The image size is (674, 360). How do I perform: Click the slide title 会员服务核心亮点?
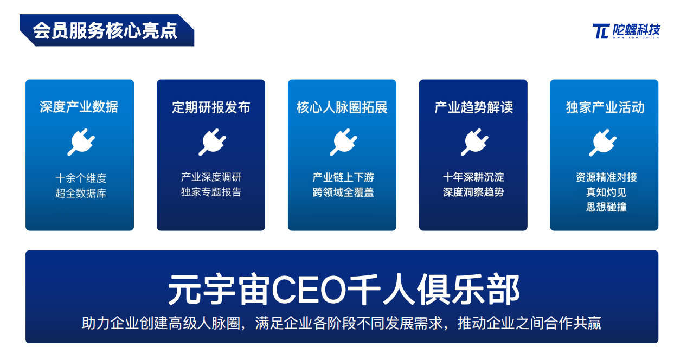[x=105, y=31]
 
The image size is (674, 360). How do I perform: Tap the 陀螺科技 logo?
[x=626, y=31]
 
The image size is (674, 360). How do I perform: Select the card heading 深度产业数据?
[x=79, y=107]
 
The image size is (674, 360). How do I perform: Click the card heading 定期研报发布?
[x=211, y=107]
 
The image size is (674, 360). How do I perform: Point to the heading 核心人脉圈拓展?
[x=342, y=107]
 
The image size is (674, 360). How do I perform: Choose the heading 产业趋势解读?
[x=473, y=107]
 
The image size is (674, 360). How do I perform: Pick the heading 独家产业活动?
[x=605, y=107]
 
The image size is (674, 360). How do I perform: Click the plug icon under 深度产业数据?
[x=81, y=142]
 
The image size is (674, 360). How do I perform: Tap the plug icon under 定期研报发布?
[x=212, y=142]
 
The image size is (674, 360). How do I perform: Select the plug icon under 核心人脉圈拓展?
[x=343, y=142]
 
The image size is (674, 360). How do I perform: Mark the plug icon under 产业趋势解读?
[x=474, y=142]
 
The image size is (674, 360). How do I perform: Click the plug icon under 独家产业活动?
[x=602, y=143]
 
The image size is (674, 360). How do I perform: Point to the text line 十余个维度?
[x=81, y=178]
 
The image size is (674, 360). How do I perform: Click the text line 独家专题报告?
[x=211, y=192]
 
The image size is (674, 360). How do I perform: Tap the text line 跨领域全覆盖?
[x=343, y=192]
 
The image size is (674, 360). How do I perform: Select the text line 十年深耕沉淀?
[x=473, y=177]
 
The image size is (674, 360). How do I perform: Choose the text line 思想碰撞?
[x=606, y=207]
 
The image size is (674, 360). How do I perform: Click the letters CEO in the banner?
[x=309, y=290]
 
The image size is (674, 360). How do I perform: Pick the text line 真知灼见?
[x=606, y=192]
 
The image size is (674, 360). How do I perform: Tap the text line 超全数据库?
[x=81, y=193]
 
